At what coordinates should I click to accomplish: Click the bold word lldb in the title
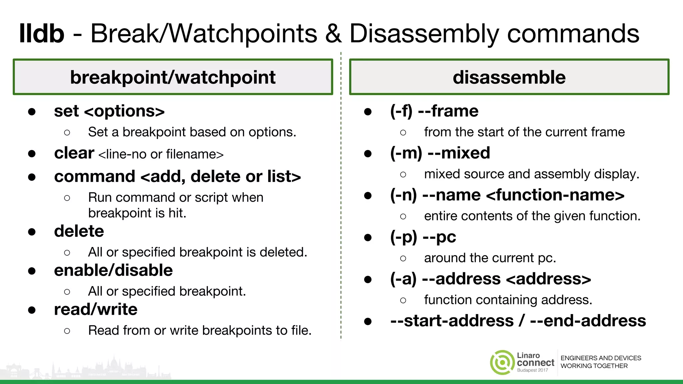(42, 34)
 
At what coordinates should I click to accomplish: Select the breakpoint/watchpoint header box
(173, 77)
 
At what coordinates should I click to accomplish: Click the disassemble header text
(509, 77)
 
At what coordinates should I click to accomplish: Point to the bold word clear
(74, 153)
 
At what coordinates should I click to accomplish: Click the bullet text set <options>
(109, 111)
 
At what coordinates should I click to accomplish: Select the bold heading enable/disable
(113, 270)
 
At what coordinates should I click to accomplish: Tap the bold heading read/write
(96, 309)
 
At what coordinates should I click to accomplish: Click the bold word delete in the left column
(79, 231)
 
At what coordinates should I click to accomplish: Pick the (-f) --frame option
(434, 111)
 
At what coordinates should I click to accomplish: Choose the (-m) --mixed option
(440, 153)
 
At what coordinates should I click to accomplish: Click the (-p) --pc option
(423, 237)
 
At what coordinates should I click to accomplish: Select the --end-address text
(588, 321)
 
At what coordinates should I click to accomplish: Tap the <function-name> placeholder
(555, 195)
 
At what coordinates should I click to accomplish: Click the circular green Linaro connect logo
(502, 362)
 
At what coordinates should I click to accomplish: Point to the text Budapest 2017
(532, 370)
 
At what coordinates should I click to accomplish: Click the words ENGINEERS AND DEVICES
(601, 358)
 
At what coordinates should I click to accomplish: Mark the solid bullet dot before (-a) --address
(368, 279)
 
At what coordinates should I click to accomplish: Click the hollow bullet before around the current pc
(403, 258)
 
